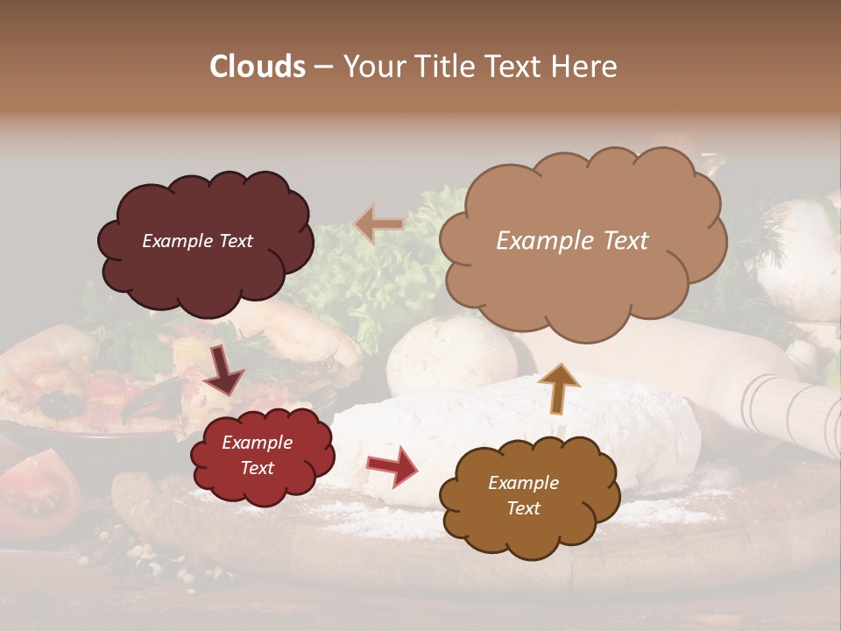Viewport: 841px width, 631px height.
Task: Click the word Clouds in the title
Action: [257, 67]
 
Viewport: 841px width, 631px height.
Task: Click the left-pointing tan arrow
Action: [378, 224]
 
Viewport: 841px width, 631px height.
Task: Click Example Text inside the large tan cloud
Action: [572, 241]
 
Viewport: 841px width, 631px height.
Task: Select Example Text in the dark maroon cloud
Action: [197, 241]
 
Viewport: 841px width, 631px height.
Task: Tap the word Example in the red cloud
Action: [257, 443]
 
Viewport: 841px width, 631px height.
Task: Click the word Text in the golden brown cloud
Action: [523, 508]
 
